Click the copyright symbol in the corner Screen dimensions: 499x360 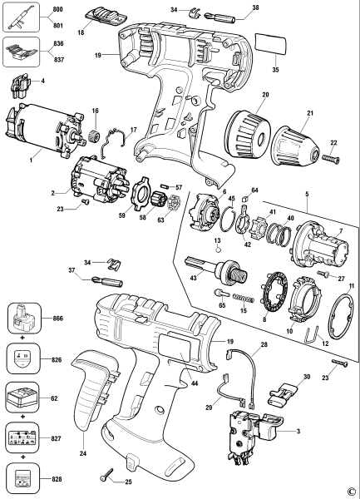352,491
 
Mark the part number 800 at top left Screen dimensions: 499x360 57,8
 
